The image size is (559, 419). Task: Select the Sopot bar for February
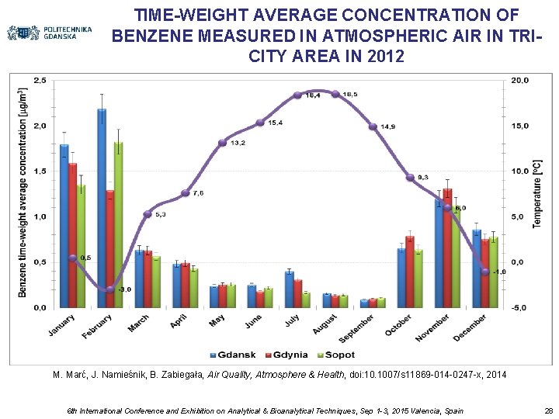[118, 225]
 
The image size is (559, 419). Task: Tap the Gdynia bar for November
[447, 248]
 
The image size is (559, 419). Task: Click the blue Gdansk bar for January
[64, 226]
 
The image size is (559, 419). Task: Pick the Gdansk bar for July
[289, 289]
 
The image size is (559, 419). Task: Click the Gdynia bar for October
[410, 272]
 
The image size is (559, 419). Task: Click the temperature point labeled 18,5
[335, 94]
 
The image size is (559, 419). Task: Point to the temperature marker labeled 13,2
[222, 143]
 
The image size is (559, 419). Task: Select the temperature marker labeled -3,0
[109, 289]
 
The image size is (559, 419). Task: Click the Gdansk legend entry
[234, 355]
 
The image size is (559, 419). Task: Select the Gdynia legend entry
[285, 355]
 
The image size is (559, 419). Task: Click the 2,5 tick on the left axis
[39, 80]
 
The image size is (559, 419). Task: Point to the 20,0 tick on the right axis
[520, 80]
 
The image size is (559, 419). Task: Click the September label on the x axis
[356, 328]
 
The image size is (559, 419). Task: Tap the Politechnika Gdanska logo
[49, 33]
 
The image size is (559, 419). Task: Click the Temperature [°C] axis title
[536, 194]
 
